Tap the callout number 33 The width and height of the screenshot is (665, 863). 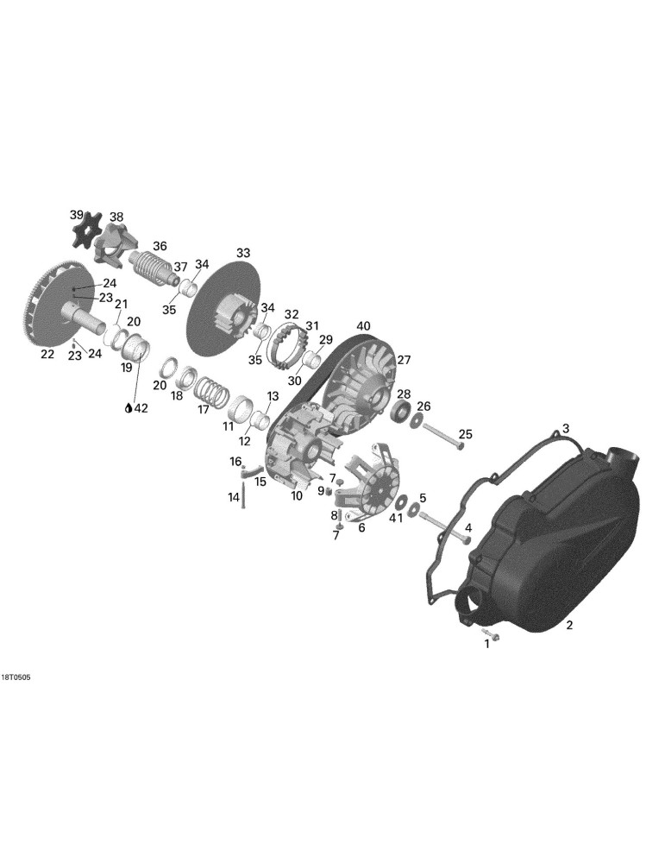coord(243,253)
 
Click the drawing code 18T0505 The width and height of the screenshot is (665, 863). coord(16,677)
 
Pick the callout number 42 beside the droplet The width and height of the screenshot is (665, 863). coord(141,408)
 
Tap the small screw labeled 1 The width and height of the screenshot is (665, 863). coord(492,634)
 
